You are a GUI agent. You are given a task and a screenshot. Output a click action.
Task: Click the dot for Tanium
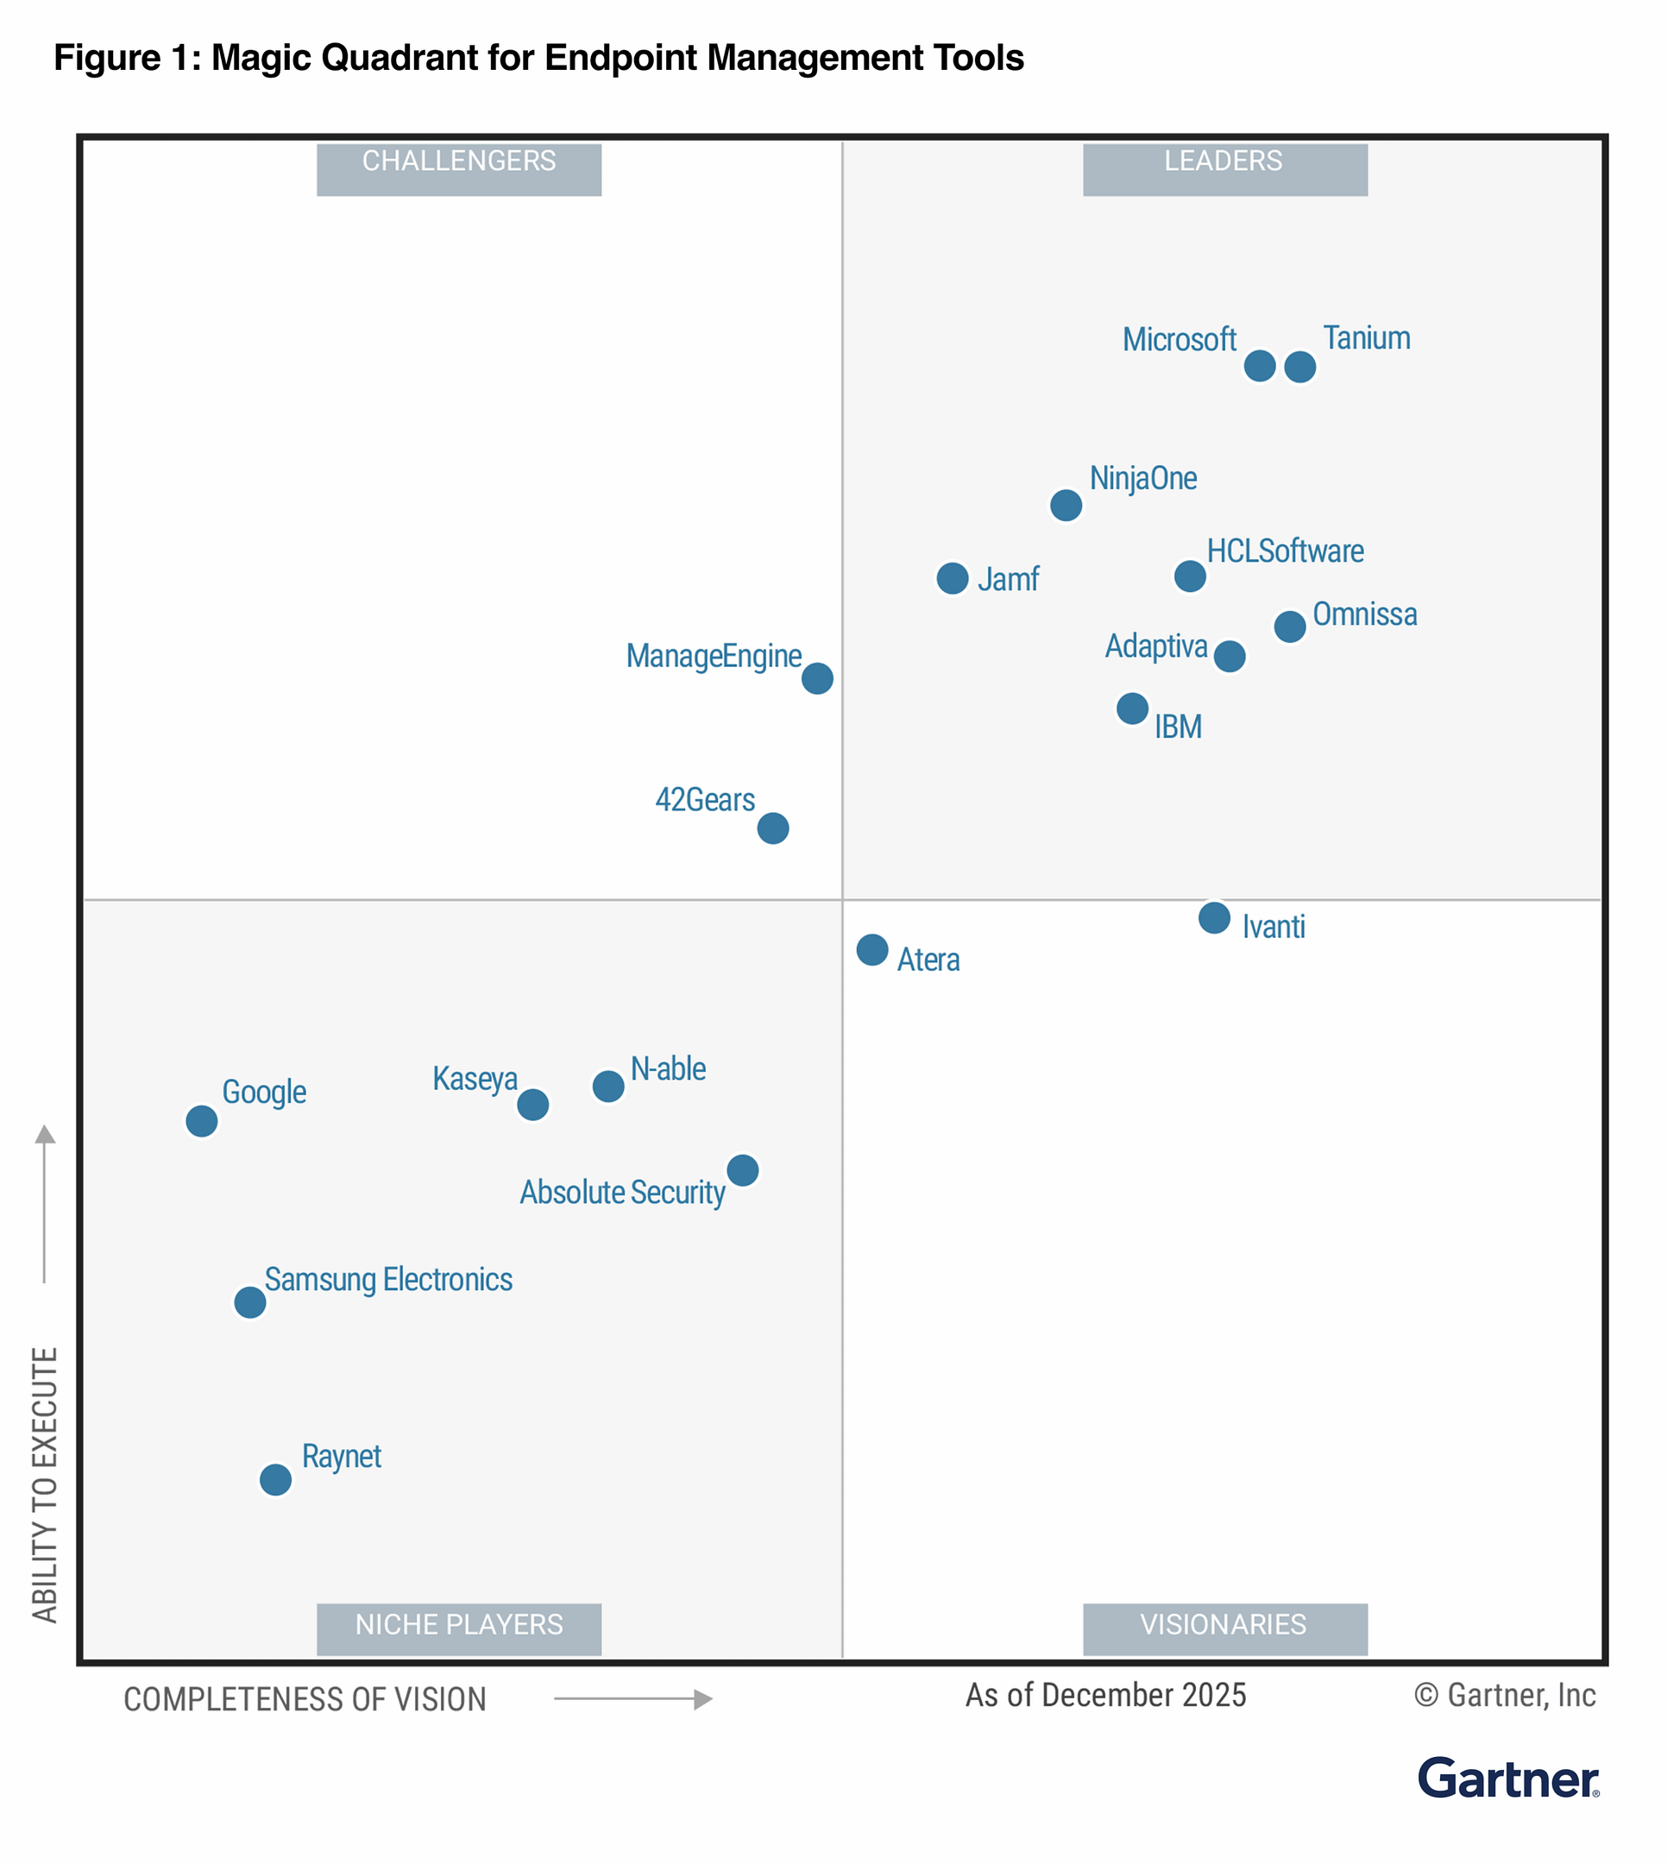tap(1299, 368)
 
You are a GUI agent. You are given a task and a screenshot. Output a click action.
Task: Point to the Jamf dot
tap(953, 578)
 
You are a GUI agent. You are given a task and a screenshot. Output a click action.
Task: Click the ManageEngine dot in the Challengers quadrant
tap(817, 679)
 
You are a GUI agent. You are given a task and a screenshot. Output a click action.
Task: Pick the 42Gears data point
tap(773, 828)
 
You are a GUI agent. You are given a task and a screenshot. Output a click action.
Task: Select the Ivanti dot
tap(1215, 918)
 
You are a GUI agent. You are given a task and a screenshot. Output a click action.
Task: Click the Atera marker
tap(872, 950)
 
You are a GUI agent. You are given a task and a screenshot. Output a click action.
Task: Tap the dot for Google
tap(202, 1121)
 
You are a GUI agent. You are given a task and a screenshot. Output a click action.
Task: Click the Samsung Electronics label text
tap(388, 1280)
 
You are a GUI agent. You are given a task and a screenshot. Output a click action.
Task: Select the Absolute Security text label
tap(622, 1193)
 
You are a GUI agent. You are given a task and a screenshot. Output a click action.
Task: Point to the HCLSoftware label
tap(1285, 551)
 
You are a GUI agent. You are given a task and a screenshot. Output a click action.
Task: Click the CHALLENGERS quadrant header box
tap(459, 169)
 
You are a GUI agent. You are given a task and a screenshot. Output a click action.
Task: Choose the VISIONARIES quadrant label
tap(1224, 1629)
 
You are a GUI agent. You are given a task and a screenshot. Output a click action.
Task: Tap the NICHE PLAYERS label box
tap(459, 1629)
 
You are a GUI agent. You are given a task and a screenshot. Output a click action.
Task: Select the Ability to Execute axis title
tap(45, 1484)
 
